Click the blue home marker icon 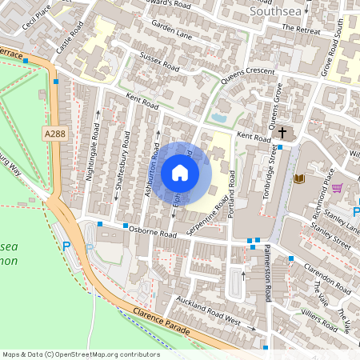click(180, 173)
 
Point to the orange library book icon click(300, 177)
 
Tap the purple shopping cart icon click(337, 189)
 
